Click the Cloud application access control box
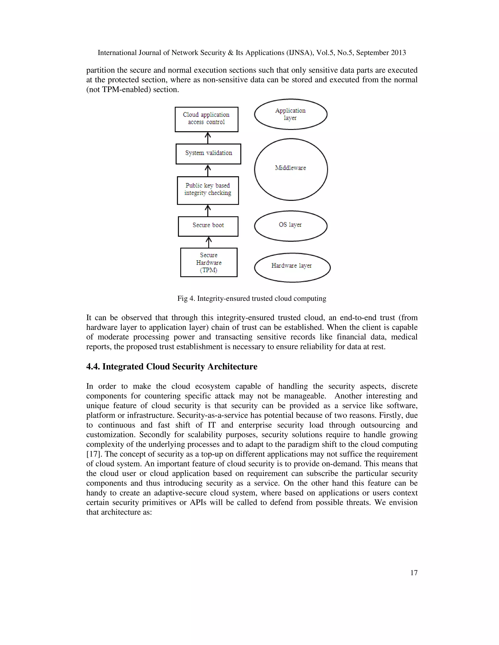[x=206, y=119]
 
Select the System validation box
[x=208, y=154]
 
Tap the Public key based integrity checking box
[x=208, y=191]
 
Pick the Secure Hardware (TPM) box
[x=209, y=262]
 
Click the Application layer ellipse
[x=291, y=114]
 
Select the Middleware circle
[x=291, y=169]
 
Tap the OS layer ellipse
[x=291, y=226]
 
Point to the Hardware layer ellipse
[x=292, y=267]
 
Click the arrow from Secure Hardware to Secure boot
[x=209, y=242]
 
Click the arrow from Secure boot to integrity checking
[x=208, y=211]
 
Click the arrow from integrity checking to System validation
[x=208, y=170]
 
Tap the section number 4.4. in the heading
[x=93, y=367]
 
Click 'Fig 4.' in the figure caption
[x=186, y=299]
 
